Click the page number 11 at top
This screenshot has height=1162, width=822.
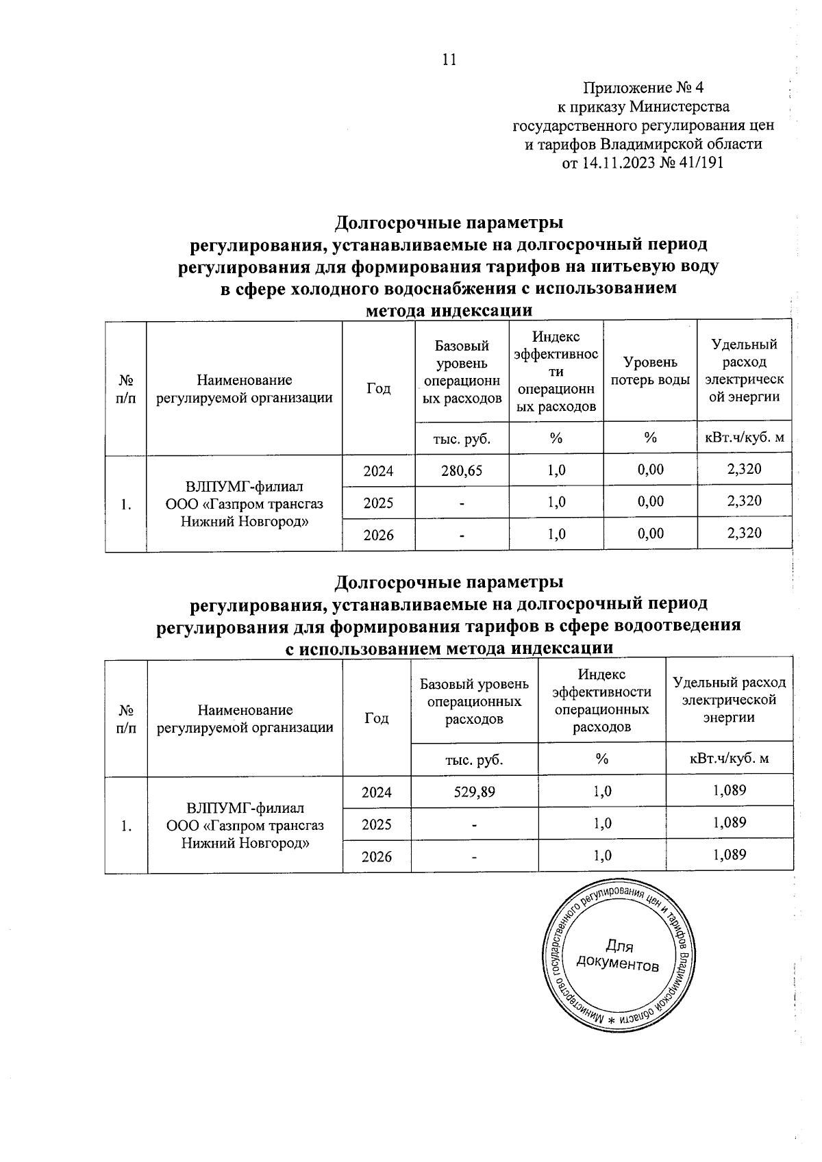(449, 60)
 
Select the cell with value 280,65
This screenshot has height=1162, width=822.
(462, 470)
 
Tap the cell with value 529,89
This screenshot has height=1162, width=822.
(474, 792)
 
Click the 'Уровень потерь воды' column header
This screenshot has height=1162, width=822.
(649, 370)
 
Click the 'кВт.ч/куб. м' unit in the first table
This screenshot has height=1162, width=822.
(744, 438)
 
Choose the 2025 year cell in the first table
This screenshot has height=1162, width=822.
(378, 503)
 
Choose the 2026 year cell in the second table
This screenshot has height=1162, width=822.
(377, 857)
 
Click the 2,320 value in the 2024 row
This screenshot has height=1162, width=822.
(745, 470)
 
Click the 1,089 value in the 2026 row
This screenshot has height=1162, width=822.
(729, 855)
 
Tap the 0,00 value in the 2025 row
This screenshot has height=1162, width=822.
(650, 502)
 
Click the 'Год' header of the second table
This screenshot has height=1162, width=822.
(377, 718)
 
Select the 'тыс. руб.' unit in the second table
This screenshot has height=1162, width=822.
(474, 759)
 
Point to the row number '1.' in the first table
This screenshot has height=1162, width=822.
(125, 504)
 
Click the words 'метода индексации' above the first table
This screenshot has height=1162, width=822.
(449, 310)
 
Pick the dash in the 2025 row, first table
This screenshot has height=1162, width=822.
(462, 503)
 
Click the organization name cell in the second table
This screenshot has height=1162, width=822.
(245, 825)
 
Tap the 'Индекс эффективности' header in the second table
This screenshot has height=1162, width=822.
(601, 700)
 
